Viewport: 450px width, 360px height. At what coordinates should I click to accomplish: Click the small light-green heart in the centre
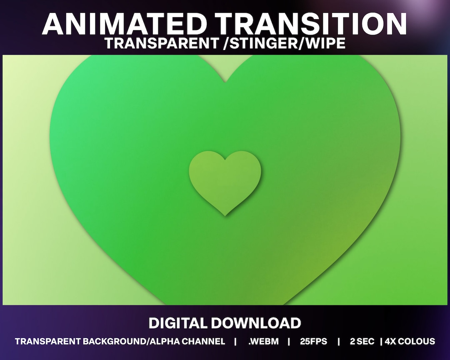[x=225, y=179]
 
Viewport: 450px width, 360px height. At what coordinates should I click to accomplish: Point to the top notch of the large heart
[x=225, y=82]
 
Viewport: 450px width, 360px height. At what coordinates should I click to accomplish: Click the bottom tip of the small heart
[x=225, y=215]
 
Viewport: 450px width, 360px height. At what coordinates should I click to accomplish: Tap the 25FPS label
[x=313, y=342]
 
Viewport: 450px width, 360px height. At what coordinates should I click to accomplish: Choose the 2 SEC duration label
[x=362, y=342]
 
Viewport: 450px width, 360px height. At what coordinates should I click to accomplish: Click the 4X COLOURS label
[x=410, y=342]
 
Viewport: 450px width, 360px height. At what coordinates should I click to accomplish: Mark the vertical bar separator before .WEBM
[x=235, y=342]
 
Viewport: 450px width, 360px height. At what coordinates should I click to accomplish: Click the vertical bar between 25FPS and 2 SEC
[x=338, y=342]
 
